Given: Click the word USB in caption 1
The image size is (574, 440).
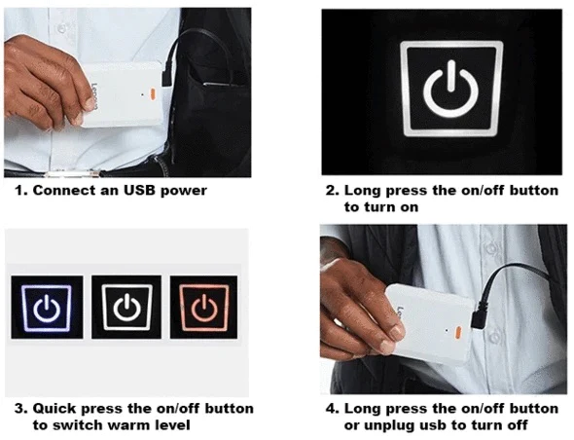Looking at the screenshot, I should pyautogui.click(x=122, y=191).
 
